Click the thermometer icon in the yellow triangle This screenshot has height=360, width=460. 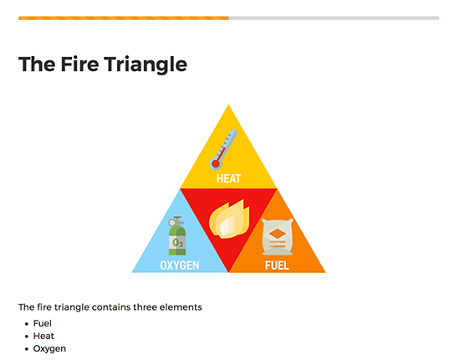(x=222, y=150)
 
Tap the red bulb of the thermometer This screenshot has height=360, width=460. (x=216, y=164)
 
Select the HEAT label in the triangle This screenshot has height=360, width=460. (x=228, y=178)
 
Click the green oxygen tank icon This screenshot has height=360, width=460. (x=177, y=236)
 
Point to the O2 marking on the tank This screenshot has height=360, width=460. (x=178, y=243)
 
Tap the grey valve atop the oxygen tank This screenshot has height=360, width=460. (x=176, y=221)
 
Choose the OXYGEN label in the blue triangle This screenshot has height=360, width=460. (x=180, y=265)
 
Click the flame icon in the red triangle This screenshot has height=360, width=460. (x=229, y=219)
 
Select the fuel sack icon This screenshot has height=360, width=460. (x=277, y=237)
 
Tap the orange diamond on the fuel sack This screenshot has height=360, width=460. (x=277, y=234)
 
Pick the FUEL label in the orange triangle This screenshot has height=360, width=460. (x=277, y=265)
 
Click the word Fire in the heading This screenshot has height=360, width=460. (x=79, y=64)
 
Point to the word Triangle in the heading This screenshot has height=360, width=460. (x=146, y=64)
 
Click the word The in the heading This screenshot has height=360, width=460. (x=37, y=64)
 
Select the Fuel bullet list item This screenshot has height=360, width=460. (x=43, y=323)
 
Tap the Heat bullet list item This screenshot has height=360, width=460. (x=43, y=336)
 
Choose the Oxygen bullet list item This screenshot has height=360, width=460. (x=49, y=349)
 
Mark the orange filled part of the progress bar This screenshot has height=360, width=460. (x=124, y=18)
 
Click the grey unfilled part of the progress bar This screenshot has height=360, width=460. (x=335, y=18)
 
